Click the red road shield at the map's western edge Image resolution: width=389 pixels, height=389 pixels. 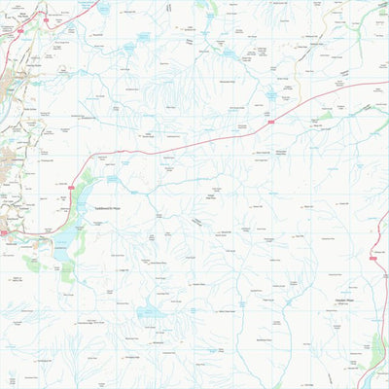point(4,232)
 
